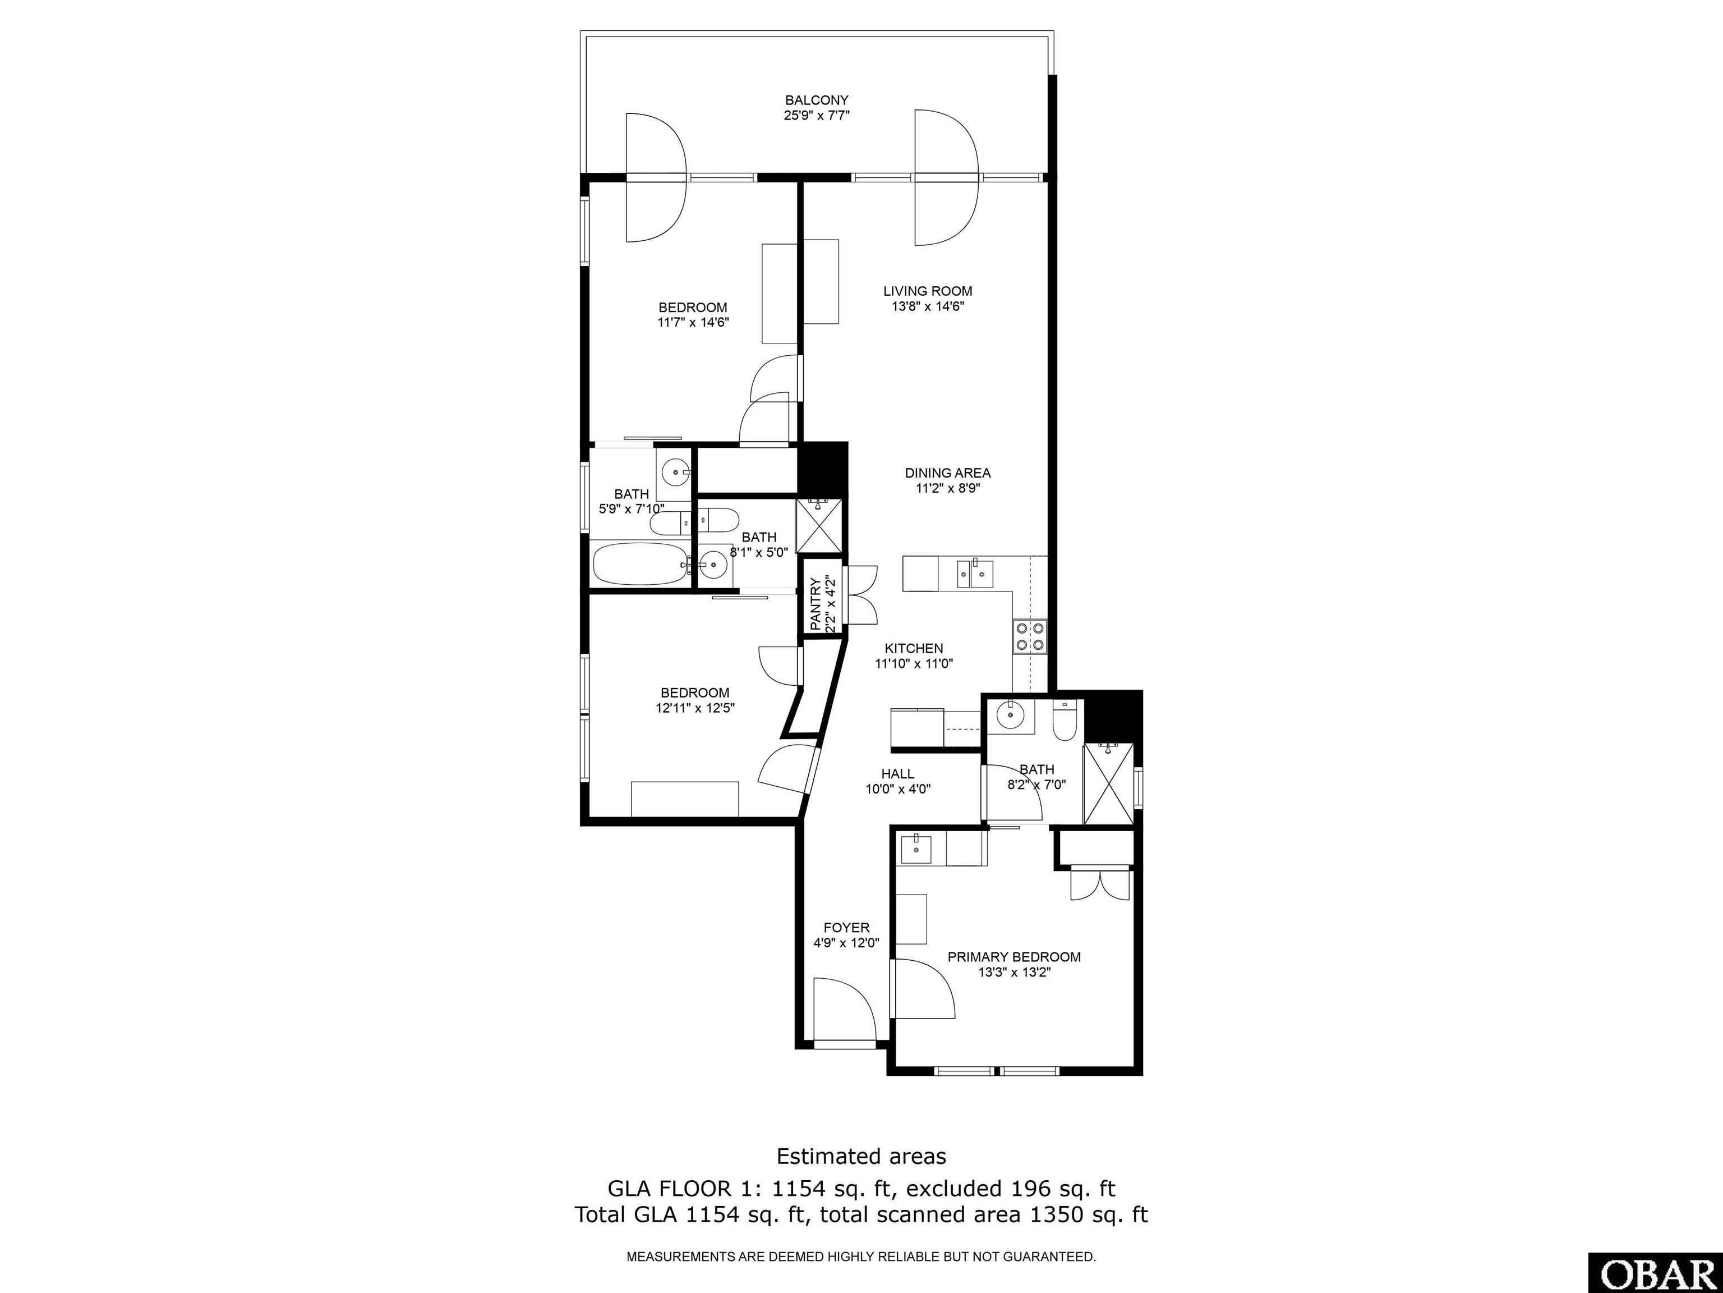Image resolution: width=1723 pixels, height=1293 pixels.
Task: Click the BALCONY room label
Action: tap(816, 100)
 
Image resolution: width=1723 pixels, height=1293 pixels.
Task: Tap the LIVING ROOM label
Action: tap(928, 291)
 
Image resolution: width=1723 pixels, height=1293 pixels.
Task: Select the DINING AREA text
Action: tap(948, 473)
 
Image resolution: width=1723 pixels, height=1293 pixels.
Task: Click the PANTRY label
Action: tap(815, 604)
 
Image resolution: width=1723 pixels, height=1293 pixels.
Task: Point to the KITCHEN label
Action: tap(914, 648)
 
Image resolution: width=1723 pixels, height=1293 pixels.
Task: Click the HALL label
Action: tap(897, 774)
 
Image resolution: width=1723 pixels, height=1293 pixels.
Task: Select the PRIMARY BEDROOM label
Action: tap(1014, 957)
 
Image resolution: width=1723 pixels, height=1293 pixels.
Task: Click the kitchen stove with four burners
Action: tap(1030, 635)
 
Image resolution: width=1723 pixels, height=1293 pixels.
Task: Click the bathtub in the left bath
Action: tap(641, 563)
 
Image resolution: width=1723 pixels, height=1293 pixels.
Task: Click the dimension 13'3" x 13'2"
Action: tap(1014, 973)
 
